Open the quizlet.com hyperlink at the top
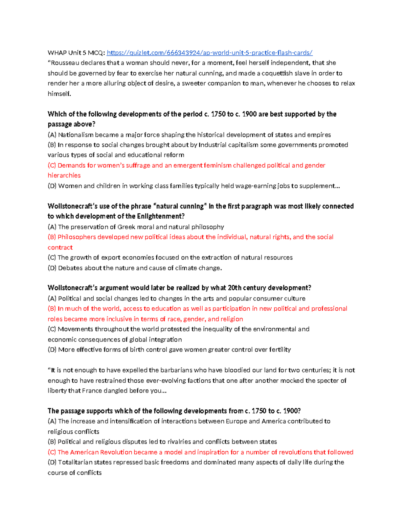click(209, 53)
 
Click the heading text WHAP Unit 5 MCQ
click(76, 53)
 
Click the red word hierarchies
click(64, 175)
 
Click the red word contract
click(60, 247)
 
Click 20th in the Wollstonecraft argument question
click(234, 288)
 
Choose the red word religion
click(232, 319)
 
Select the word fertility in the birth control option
click(280, 350)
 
